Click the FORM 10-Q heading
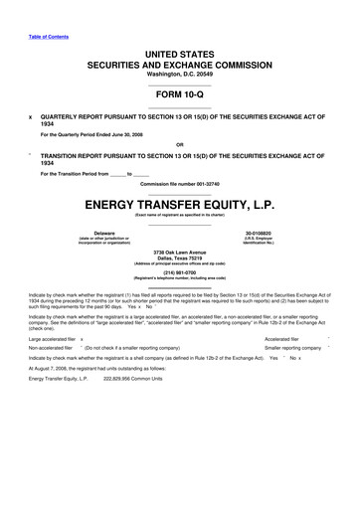click(x=179, y=94)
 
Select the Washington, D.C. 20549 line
click(x=179, y=75)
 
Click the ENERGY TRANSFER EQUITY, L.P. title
click(x=179, y=204)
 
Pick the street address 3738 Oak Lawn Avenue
click(x=179, y=253)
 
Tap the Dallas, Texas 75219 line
click(x=179, y=258)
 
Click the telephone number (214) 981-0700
click(x=179, y=271)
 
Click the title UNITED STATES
click(x=179, y=50)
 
